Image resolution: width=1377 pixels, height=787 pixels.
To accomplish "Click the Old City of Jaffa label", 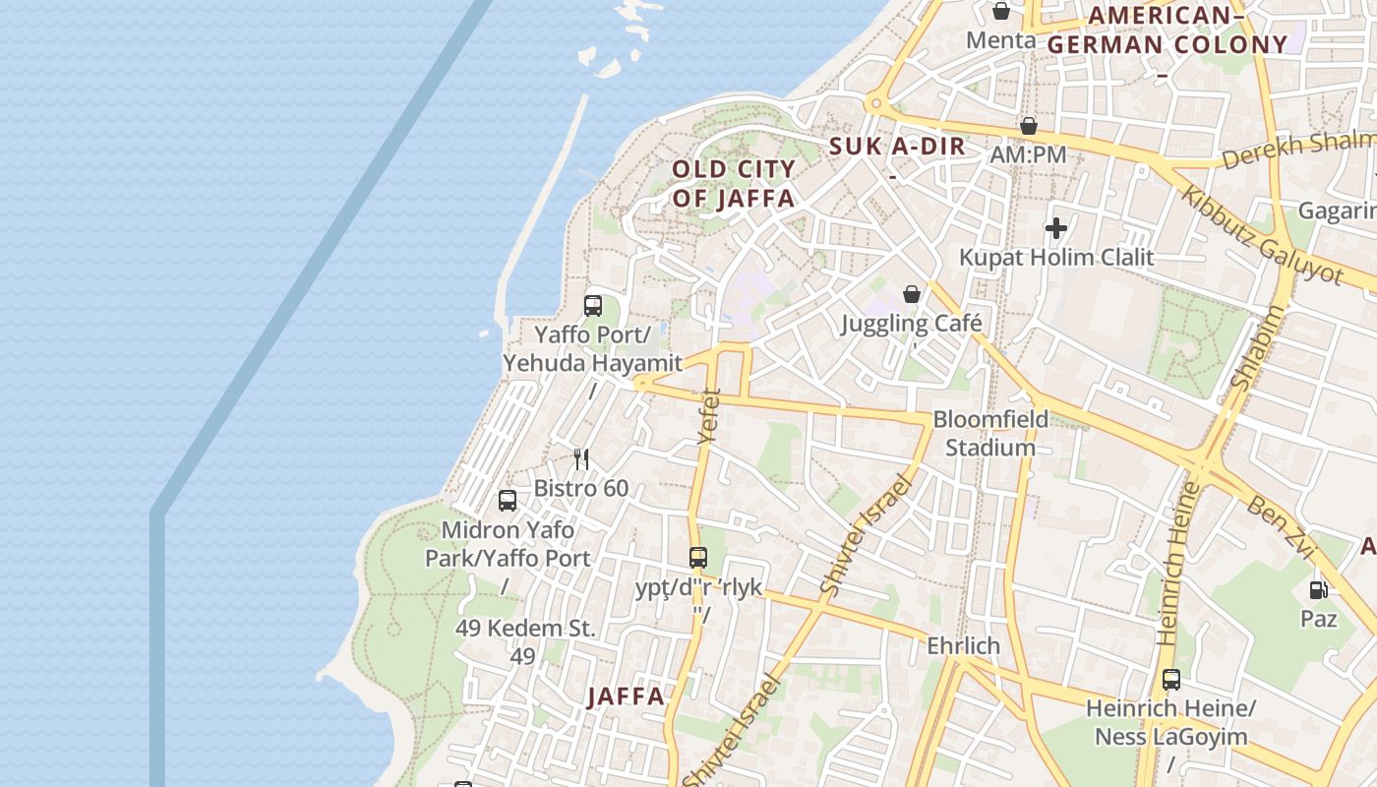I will (734, 184).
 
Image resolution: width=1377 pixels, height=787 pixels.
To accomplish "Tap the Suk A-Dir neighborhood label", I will (897, 148).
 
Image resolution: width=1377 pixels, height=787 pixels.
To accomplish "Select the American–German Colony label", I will (1167, 30).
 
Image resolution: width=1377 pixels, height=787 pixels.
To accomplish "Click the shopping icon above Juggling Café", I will (912, 294).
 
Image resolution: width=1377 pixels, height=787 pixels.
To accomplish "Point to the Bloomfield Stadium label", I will (990, 434).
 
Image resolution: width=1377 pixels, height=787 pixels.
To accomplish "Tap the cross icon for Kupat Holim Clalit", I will (1056, 229).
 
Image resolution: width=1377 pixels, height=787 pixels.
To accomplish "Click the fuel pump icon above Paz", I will (1318, 590).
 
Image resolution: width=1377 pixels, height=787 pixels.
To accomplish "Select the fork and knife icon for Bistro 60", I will (581, 458).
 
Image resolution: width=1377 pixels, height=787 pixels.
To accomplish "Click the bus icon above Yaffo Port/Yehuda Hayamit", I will (593, 306).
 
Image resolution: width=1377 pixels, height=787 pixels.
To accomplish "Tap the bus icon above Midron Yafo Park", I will (508, 501).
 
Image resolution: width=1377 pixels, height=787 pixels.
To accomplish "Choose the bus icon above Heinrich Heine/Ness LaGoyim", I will (1170, 680).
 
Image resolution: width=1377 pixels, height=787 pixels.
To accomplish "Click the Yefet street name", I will (708, 417).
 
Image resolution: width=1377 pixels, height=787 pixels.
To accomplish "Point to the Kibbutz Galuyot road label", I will (1262, 234).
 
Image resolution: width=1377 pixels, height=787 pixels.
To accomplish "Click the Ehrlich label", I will (963, 646).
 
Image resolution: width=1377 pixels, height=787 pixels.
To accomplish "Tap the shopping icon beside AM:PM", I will (1028, 127).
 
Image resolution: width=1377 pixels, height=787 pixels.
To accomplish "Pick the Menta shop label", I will (1000, 40).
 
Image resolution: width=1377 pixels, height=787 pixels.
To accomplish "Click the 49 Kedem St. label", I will (525, 628).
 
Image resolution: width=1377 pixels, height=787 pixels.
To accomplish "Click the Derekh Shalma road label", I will (1297, 149).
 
